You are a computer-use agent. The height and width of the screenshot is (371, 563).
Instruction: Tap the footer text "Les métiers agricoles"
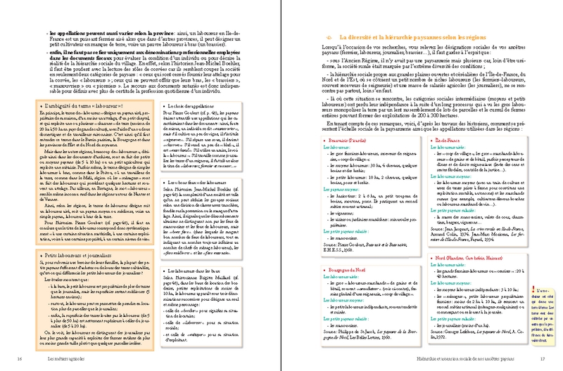(60, 360)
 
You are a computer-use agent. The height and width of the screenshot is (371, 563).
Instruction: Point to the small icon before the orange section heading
(330, 36)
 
